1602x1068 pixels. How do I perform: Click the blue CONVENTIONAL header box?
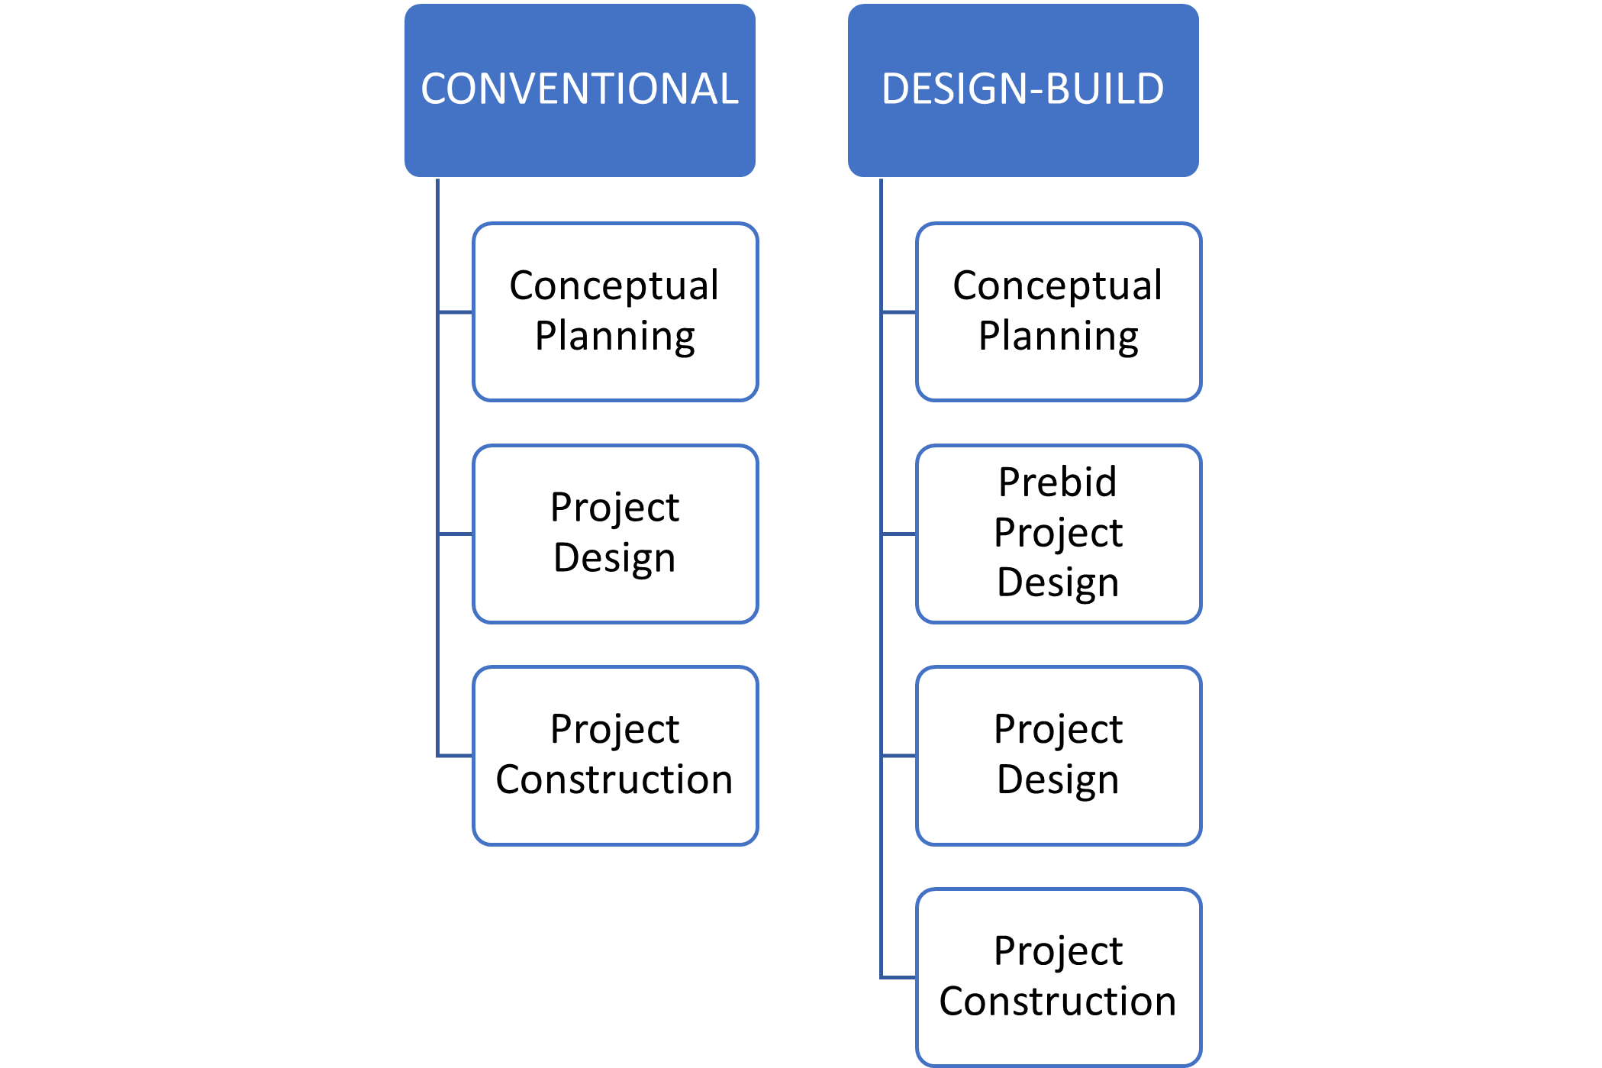(580, 91)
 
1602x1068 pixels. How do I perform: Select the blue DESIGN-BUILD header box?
(1023, 91)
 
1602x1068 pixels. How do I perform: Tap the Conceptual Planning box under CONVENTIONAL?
(615, 311)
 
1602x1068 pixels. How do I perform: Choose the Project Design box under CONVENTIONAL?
(615, 534)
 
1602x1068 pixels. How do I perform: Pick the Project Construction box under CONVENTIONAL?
(615, 756)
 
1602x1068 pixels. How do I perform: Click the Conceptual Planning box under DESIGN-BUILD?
(1059, 311)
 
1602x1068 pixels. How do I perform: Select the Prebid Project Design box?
(1059, 534)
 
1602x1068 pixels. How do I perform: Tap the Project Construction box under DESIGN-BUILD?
(1059, 977)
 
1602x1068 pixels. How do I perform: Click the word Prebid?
(1058, 482)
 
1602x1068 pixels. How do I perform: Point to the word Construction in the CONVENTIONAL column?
(614, 780)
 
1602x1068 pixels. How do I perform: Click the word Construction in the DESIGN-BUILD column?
(1058, 1002)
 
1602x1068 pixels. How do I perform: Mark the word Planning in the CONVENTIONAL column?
(615, 337)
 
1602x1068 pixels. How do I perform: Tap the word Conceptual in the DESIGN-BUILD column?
(1058, 286)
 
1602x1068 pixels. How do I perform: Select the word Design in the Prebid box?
(1058, 583)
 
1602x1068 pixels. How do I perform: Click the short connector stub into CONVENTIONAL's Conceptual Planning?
(456, 311)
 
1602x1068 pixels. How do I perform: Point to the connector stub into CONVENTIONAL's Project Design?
(456, 534)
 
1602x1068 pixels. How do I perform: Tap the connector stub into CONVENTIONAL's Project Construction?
(456, 756)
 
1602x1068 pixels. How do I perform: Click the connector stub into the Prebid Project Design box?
(899, 534)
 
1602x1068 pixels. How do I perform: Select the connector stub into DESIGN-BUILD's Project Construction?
(899, 977)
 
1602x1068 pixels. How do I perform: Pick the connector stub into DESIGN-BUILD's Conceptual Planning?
(899, 311)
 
